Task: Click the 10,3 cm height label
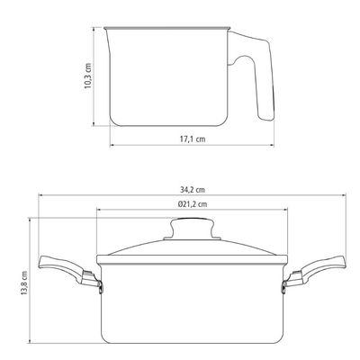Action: tap(87, 76)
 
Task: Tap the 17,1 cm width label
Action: tap(193, 139)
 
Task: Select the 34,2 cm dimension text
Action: tap(193, 190)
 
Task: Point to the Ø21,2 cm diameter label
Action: tap(192, 204)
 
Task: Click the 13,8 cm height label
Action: tap(24, 283)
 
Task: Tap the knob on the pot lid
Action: tap(192, 229)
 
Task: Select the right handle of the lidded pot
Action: tap(314, 271)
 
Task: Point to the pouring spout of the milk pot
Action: tap(107, 39)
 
